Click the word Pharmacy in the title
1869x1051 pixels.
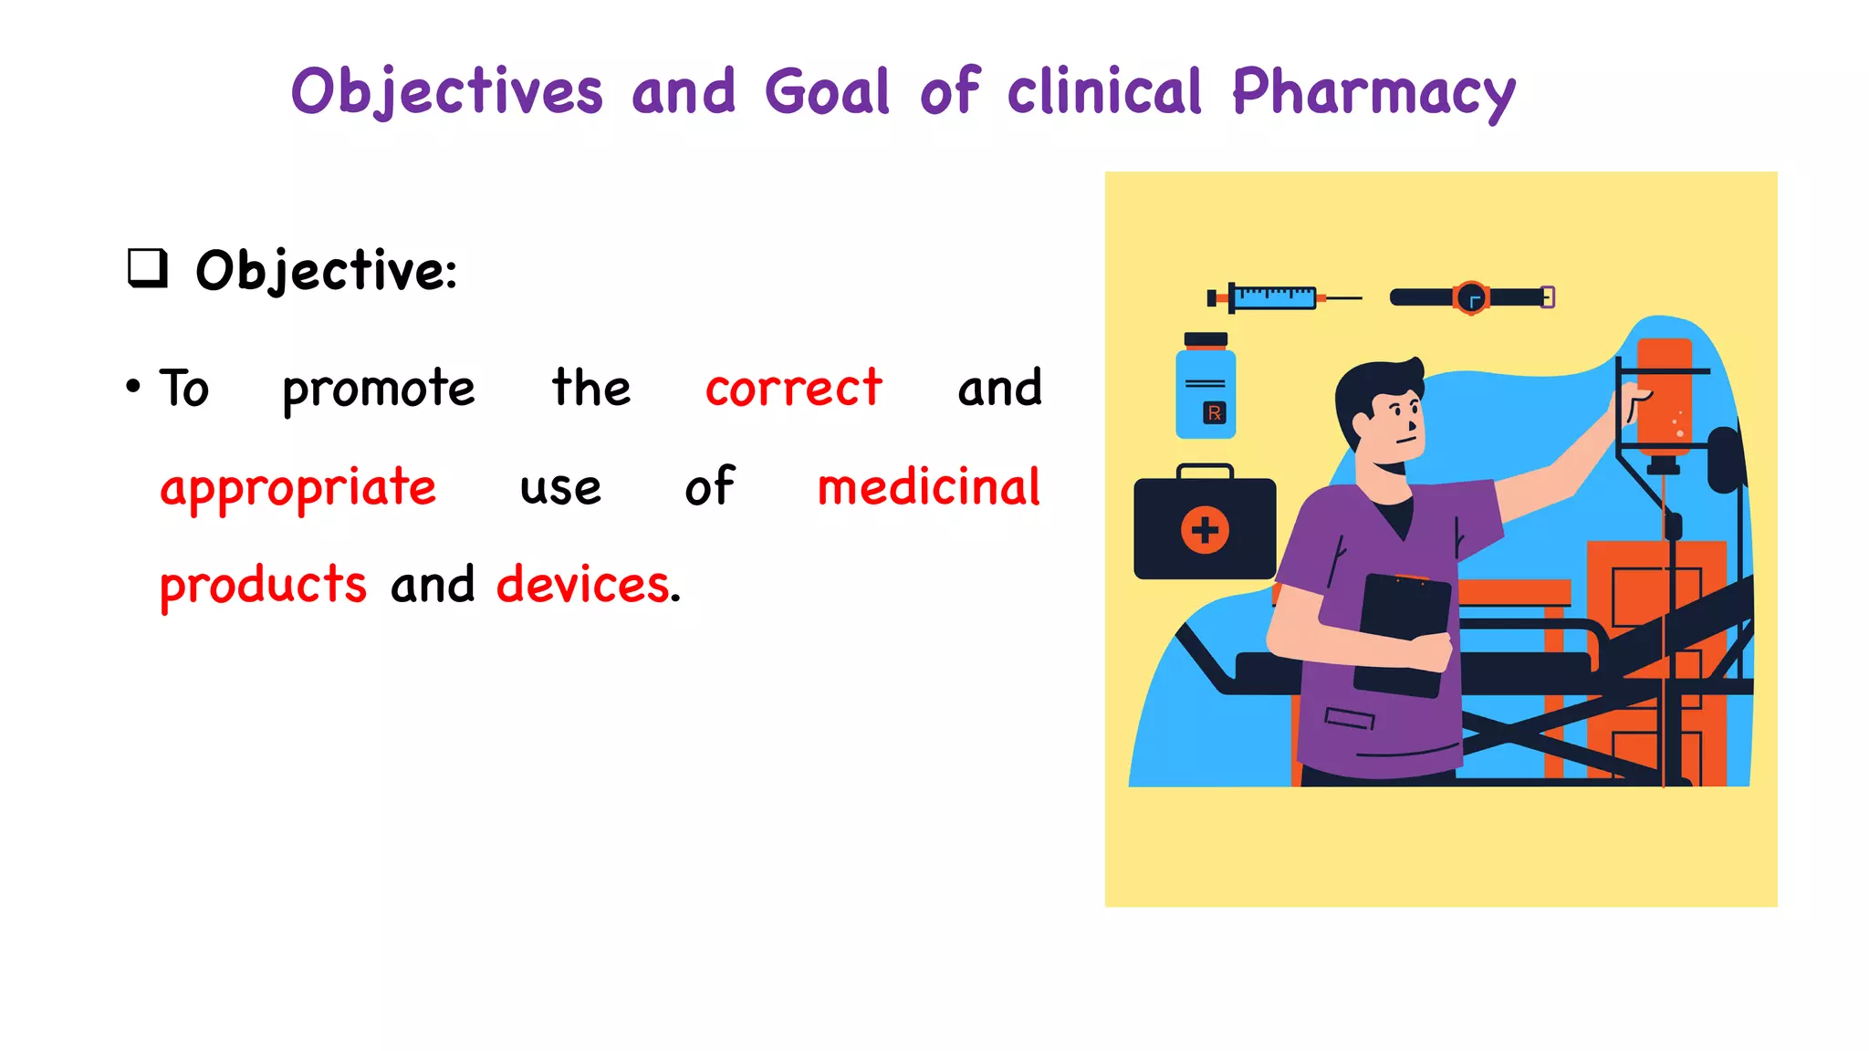tap(1373, 93)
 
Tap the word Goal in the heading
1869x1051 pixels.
tap(827, 93)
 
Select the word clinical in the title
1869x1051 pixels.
tap(1104, 93)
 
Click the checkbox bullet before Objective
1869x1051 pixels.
tap(147, 268)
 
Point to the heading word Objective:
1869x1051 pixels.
tap(326, 271)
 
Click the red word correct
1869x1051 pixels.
tap(793, 389)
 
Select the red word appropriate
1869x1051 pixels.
tap(298, 488)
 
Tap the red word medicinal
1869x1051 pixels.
tap(928, 486)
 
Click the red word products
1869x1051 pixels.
tap(263, 585)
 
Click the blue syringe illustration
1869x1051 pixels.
tap(1273, 297)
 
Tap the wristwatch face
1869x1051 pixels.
tap(1471, 297)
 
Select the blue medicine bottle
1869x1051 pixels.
tap(1206, 392)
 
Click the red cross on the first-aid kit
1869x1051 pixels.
tap(1205, 530)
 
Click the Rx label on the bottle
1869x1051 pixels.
tap(1215, 413)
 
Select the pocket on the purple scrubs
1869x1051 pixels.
tap(1350, 719)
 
